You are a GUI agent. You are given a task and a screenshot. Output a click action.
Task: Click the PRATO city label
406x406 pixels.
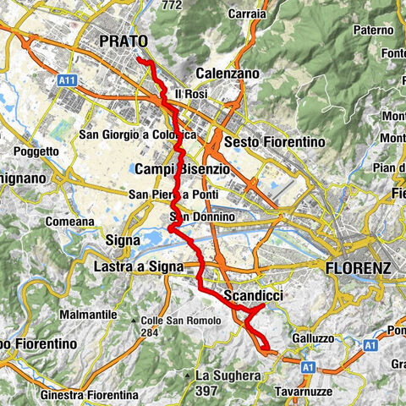pos(123,41)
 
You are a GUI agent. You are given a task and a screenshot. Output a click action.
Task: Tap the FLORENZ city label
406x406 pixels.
pos(358,268)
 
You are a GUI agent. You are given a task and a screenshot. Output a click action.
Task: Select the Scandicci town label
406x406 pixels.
pos(253,295)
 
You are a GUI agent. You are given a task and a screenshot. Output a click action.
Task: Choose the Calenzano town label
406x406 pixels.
pos(227,74)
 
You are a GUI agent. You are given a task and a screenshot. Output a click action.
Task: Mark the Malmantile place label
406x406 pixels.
pos(88,314)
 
